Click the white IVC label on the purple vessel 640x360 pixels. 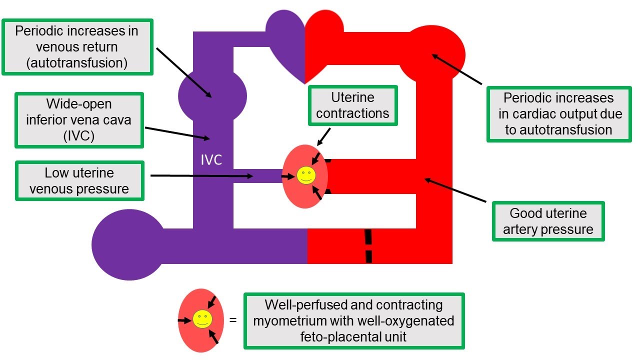coord(212,160)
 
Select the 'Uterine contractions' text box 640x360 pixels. coord(353,105)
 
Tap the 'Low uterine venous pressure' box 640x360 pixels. coord(79,181)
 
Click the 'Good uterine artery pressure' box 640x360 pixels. coord(548,221)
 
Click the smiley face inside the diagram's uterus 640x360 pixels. coord(305,175)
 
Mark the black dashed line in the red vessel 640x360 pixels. coord(368,245)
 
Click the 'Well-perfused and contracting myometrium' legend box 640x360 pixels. coord(354,320)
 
